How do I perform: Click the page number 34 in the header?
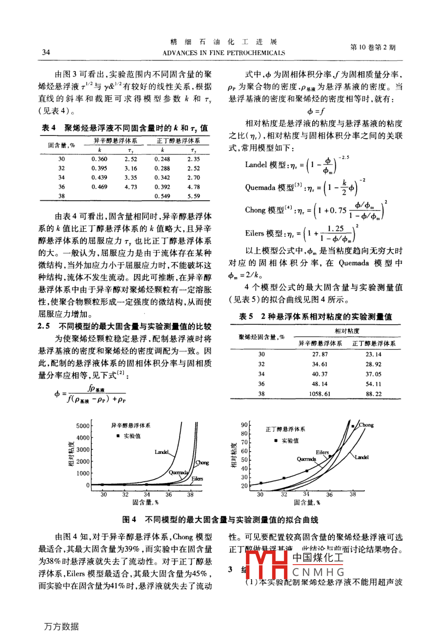(46, 52)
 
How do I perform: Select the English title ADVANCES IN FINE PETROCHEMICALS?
(223, 53)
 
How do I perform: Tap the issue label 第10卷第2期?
(373, 47)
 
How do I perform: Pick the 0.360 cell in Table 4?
(100, 159)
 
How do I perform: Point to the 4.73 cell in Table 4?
(131, 187)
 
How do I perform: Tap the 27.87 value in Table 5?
(320, 355)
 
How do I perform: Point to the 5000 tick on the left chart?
(83, 426)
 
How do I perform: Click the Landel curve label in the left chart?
(161, 453)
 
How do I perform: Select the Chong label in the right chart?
(366, 425)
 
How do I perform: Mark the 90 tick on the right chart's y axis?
(244, 425)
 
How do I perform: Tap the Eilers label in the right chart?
(322, 453)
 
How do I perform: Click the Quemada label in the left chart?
(178, 473)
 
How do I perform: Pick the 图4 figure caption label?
(129, 520)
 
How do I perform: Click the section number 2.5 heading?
(44, 326)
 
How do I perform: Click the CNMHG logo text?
(319, 572)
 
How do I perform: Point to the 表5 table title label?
(246, 317)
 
